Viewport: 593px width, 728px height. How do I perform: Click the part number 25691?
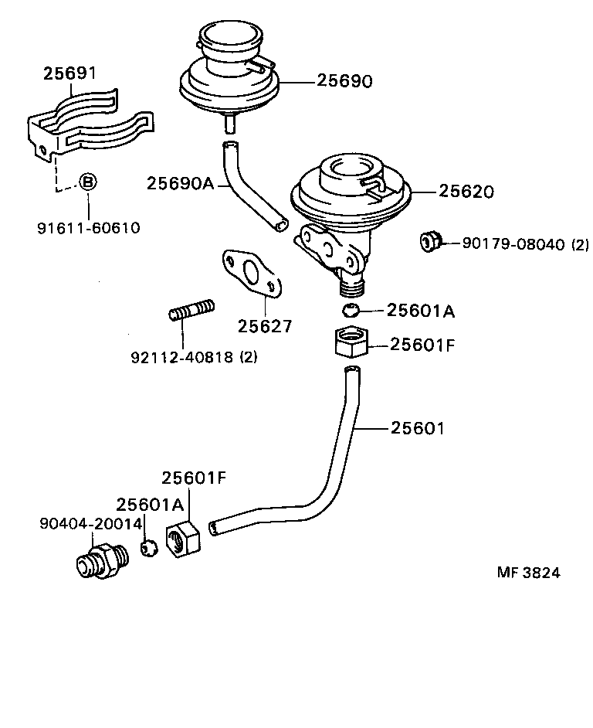(x=69, y=73)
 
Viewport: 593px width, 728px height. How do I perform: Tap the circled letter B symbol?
(x=88, y=182)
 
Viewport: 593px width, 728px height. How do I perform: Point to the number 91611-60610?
(x=88, y=228)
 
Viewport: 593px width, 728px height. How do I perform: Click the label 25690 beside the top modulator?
(x=344, y=81)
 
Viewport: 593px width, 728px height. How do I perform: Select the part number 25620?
(x=466, y=191)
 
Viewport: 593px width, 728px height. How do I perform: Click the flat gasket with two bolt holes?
(x=250, y=274)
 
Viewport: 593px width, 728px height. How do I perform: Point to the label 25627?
(x=265, y=326)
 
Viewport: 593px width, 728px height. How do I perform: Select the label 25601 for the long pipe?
(x=417, y=427)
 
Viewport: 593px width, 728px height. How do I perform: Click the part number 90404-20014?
(x=91, y=523)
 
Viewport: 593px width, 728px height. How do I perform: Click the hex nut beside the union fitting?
(x=184, y=536)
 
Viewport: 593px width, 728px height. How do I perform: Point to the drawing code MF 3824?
(x=528, y=573)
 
